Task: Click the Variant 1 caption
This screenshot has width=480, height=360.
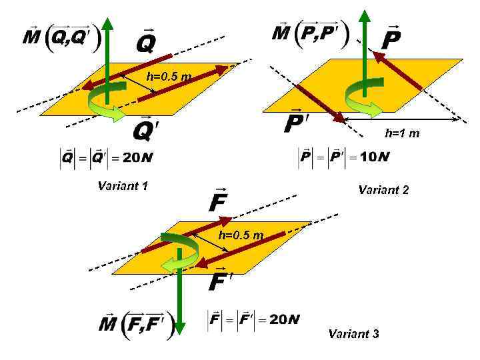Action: click(x=122, y=186)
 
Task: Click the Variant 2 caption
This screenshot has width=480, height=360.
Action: click(x=383, y=190)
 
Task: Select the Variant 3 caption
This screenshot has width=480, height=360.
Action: click(x=354, y=333)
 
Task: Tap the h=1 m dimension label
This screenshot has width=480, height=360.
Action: click(x=402, y=133)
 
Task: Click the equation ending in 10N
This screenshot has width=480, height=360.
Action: click(x=343, y=157)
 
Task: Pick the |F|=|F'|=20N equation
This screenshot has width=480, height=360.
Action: click(x=254, y=319)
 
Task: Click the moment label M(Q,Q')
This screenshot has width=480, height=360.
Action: click(x=61, y=37)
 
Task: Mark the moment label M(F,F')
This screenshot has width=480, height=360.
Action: click(x=137, y=325)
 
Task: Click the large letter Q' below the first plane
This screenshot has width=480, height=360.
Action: click(x=146, y=130)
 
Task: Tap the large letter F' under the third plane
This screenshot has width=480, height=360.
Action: click(x=221, y=281)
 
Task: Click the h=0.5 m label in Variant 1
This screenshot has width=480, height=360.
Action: click(x=169, y=76)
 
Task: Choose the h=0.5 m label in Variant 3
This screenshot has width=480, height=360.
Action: click(x=241, y=235)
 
